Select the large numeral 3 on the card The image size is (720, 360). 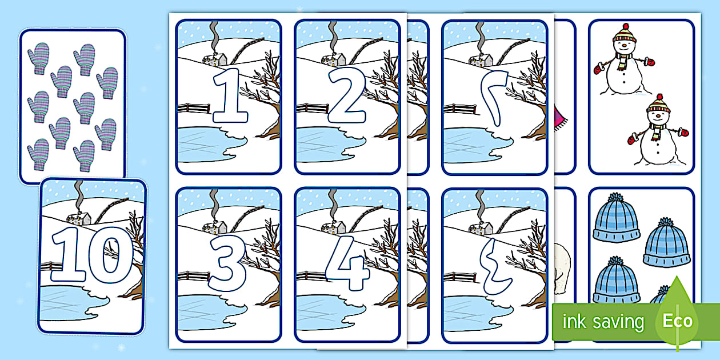(227, 263)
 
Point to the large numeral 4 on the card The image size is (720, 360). (348, 263)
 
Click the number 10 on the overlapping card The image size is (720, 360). (92, 255)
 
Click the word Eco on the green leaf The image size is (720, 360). (677, 321)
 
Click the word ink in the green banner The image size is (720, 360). (574, 321)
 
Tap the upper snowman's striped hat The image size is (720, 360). (625, 33)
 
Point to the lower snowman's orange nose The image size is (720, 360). (658, 115)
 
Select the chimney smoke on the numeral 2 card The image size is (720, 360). (333, 37)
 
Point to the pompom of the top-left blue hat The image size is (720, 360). (615, 197)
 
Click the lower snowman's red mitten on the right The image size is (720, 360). (685, 132)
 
